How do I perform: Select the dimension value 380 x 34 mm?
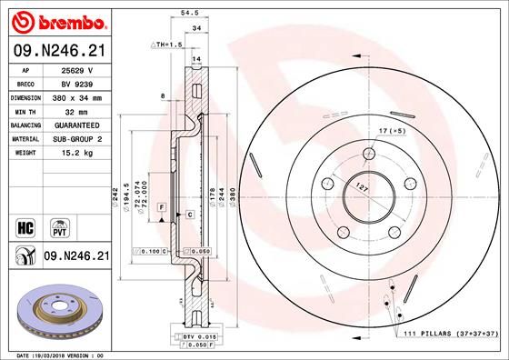click(79, 95)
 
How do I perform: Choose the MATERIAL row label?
click(24, 138)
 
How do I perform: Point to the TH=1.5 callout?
click(170, 44)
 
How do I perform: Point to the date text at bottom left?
click(56, 355)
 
